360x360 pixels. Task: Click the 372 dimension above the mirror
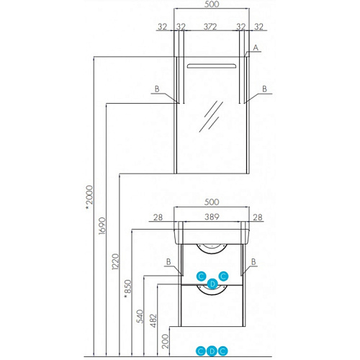[x=210, y=27]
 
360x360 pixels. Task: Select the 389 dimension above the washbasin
[x=212, y=217]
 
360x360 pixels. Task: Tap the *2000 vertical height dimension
[x=89, y=197]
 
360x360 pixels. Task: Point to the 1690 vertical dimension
[x=102, y=226]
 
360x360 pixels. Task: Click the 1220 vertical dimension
[x=115, y=261]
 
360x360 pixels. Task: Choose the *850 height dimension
[x=128, y=289]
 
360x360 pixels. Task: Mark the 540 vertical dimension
[x=140, y=316]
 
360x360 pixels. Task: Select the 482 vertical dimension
[x=153, y=321]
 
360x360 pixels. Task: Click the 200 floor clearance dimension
[x=165, y=341]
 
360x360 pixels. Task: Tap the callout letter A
[x=256, y=48]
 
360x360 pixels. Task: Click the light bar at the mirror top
[x=212, y=66]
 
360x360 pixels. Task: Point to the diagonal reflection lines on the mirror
[x=211, y=117]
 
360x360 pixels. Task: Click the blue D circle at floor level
[x=212, y=351]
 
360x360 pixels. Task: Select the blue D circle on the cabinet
[x=212, y=284]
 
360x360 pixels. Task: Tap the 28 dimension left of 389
[x=158, y=217]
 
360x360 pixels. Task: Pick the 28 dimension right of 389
[x=258, y=217]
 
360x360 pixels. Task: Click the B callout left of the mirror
[x=157, y=89]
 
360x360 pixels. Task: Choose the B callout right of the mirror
[x=264, y=89]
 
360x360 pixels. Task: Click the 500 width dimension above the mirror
[x=212, y=4]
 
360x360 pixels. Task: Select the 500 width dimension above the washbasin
[x=212, y=202]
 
